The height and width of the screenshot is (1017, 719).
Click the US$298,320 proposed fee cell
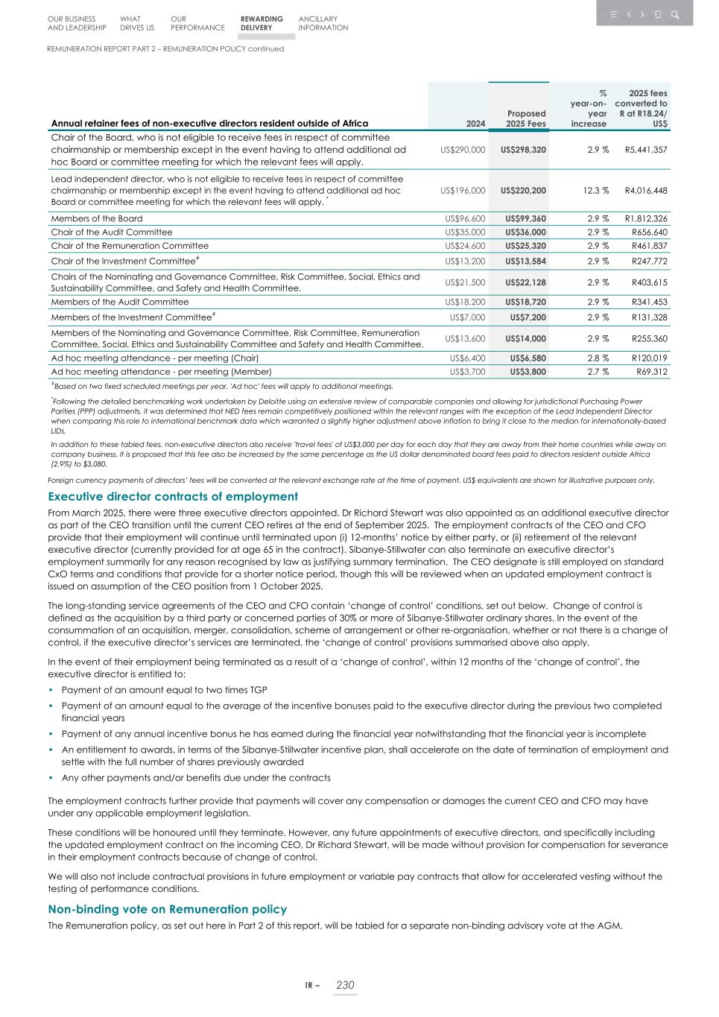[x=523, y=150]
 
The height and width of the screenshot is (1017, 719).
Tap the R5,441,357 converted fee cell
[x=645, y=150]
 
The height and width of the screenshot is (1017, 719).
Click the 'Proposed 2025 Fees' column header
[x=525, y=118]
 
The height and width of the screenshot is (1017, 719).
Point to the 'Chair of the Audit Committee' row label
[x=112, y=232]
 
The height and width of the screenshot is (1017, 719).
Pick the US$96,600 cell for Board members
[x=464, y=219]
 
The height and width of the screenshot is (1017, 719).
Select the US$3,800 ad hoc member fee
[x=528, y=372]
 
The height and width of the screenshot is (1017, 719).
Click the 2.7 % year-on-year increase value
[x=598, y=372]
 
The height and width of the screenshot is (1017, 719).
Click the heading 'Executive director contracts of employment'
[x=173, y=497]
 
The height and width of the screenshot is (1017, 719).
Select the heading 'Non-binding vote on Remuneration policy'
[x=167, y=910]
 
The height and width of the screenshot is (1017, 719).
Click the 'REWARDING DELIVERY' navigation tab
[x=262, y=24]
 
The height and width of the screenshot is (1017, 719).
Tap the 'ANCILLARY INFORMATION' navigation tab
[x=323, y=24]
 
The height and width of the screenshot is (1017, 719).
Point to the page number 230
[x=345, y=986]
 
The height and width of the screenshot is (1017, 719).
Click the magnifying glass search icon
[x=674, y=15]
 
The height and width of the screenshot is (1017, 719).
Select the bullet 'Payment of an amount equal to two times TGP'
[x=164, y=691]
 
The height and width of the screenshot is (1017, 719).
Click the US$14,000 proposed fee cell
[x=527, y=339]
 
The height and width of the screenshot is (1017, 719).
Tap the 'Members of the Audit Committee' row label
[x=119, y=302]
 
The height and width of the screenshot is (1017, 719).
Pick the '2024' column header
[x=475, y=124]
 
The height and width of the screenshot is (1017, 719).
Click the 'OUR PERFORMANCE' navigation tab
[x=197, y=24]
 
